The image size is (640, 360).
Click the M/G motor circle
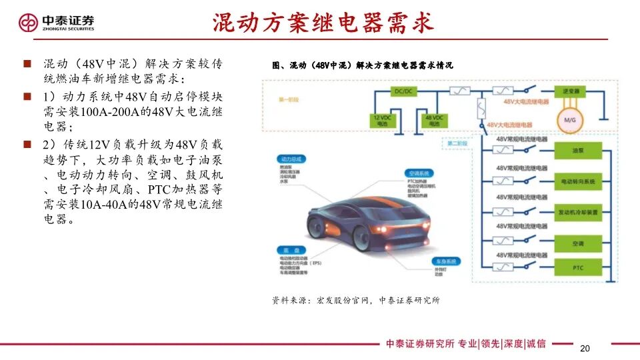[x=570, y=119]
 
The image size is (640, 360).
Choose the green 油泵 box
[x=577, y=151]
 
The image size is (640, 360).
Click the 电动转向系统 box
[x=577, y=181]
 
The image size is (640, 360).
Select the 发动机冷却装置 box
[x=577, y=212]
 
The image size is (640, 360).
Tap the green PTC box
[x=577, y=267]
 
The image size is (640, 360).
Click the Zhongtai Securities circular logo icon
[x=29, y=23]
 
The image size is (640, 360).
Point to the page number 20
[x=585, y=349]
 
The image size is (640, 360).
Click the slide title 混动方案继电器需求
[x=323, y=23]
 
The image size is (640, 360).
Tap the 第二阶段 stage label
[x=455, y=143]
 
